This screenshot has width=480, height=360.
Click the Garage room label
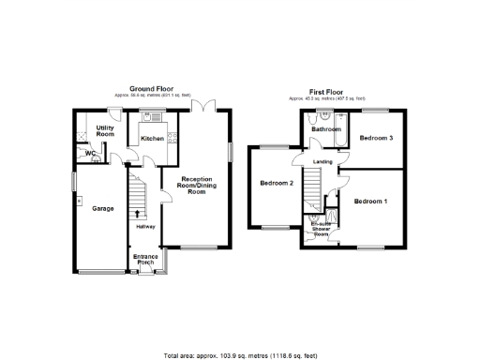(x=103, y=208)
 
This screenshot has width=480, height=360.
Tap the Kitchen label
(x=153, y=139)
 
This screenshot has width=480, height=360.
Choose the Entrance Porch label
(x=145, y=259)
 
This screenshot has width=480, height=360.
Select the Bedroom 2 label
(x=277, y=183)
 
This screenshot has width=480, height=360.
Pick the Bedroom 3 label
(x=376, y=138)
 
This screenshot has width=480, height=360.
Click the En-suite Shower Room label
(x=322, y=228)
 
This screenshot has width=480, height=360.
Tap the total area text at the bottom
(x=241, y=355)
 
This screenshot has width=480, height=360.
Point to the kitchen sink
(x=147, y=116)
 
